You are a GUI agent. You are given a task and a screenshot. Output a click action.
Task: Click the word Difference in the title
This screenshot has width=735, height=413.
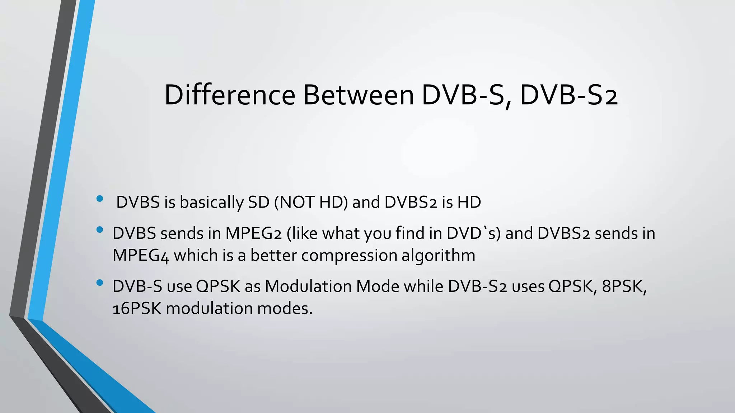point(230,95)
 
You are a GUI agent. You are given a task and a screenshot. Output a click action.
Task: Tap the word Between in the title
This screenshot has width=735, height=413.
point(359,95)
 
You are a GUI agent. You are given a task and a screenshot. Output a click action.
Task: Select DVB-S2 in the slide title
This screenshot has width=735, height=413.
point(568,95)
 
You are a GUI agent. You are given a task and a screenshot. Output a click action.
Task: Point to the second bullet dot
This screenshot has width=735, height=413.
point(100,229)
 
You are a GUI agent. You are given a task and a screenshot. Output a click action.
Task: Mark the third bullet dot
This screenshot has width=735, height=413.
point(100,283)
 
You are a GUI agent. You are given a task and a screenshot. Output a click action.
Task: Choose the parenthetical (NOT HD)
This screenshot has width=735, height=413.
point(311,202)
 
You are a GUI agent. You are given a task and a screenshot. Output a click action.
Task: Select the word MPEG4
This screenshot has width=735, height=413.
point(140,256)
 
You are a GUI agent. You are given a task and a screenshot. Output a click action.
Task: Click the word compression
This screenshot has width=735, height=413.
point(349,256)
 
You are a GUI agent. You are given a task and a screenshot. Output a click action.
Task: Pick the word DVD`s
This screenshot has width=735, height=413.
point(473,233)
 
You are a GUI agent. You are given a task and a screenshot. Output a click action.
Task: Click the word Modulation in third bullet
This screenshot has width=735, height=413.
point(309,286)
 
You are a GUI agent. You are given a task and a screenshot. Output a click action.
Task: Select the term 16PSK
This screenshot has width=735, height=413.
point(137,309)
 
